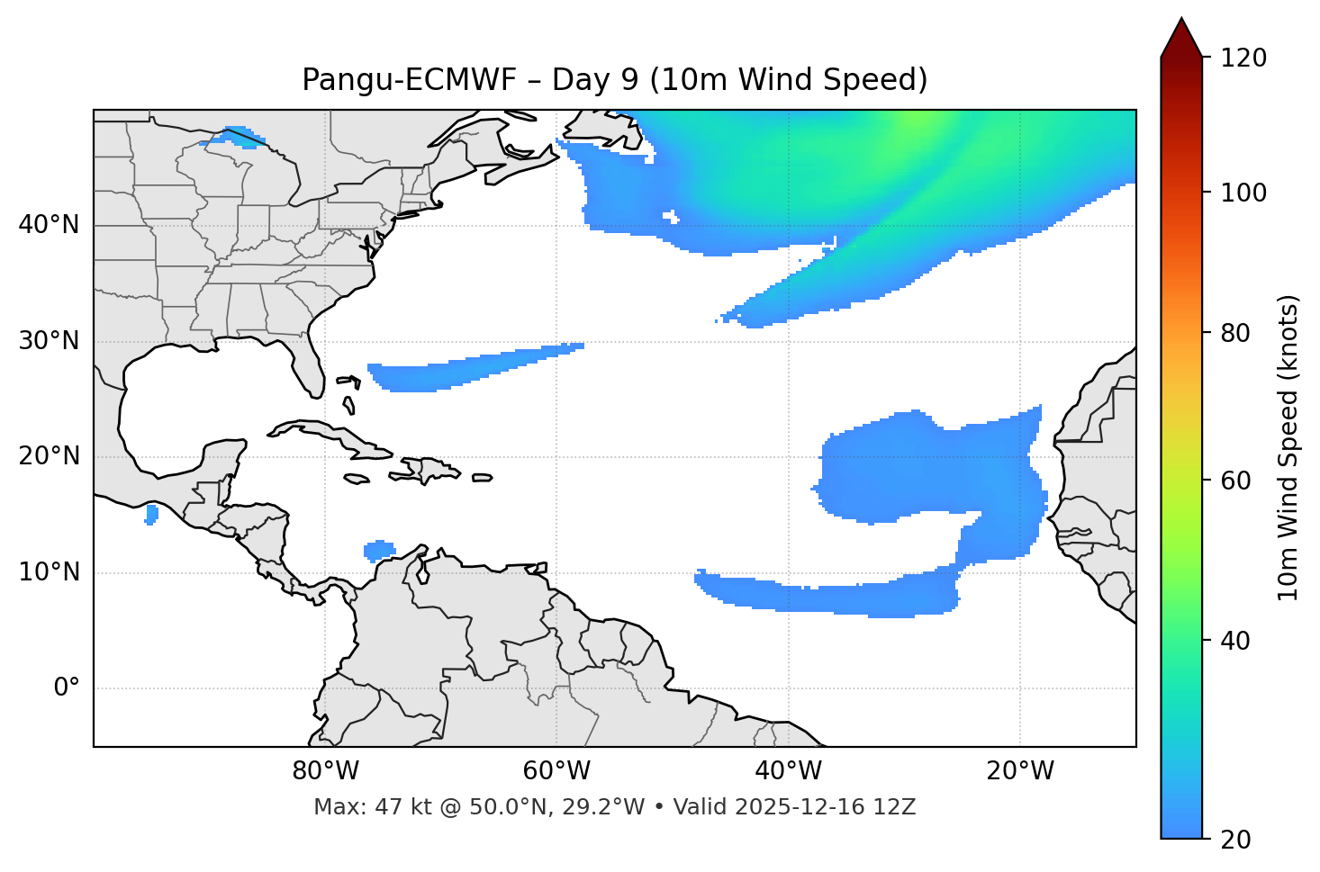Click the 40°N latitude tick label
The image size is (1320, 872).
49,225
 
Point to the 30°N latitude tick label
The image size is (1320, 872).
49,341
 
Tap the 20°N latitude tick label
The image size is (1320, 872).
49,456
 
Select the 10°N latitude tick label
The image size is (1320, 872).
49,572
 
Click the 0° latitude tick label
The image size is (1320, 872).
67,688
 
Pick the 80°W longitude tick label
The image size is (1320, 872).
325,771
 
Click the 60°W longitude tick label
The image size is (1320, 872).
556,771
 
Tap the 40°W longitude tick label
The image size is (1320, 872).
788,771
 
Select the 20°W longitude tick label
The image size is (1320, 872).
1020,771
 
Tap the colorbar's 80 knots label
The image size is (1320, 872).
1235,333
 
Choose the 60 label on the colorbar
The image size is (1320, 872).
1235,481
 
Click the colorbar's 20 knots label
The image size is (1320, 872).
1235,840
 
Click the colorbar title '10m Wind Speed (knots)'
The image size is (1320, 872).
1288,448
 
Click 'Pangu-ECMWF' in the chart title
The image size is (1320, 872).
409,80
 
